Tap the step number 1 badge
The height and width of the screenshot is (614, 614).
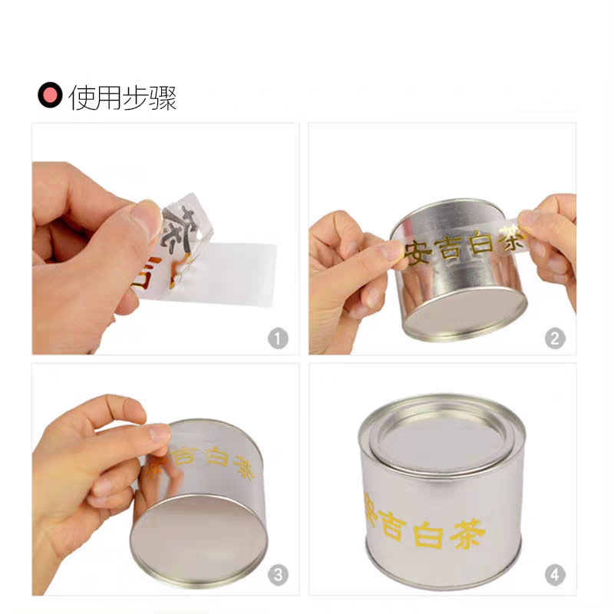click(278, 338)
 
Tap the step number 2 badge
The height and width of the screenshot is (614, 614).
click(555, 338)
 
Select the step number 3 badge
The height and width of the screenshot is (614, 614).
click(278, 575)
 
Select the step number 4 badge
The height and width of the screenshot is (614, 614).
click(555, 575)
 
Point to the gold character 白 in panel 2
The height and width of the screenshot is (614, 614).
click(480, 246)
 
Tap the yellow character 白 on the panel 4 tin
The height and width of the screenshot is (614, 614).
click(428, 531)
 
